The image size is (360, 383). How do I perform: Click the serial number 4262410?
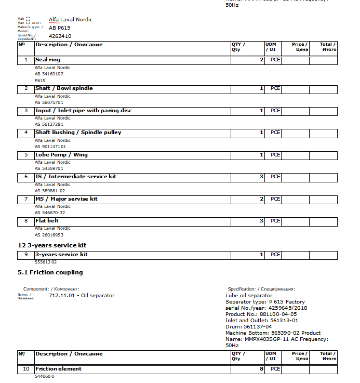tap(60, 36)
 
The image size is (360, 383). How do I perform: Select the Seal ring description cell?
tap(48, 60)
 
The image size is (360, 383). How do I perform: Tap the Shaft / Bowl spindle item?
tap(64, 88)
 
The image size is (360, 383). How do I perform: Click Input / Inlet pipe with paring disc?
tap(84, 111)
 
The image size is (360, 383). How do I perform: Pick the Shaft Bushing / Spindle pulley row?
tap(78, 133)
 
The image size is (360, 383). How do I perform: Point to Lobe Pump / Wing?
tap(61, 155)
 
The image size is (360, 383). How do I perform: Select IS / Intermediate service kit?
tap(76, 177)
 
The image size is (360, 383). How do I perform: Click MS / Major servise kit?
tap(66, 199)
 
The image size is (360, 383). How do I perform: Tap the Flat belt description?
tap(47, 221)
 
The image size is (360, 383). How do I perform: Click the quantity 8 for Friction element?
tap(261, 369)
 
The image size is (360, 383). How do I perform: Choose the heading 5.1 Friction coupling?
tap(50, 272)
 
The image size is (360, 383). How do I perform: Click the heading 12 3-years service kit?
tap(52, 245)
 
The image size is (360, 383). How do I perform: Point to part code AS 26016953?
tap(49, 235)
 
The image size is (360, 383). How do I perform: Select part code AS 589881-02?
tap(50, 191)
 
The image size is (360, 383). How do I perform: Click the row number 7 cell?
tap(26, 199)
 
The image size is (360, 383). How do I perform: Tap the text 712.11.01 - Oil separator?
tap(82, 296)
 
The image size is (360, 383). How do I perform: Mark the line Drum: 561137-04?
tap(248, 326)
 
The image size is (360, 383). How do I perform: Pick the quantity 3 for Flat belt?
tap(261, 221)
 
